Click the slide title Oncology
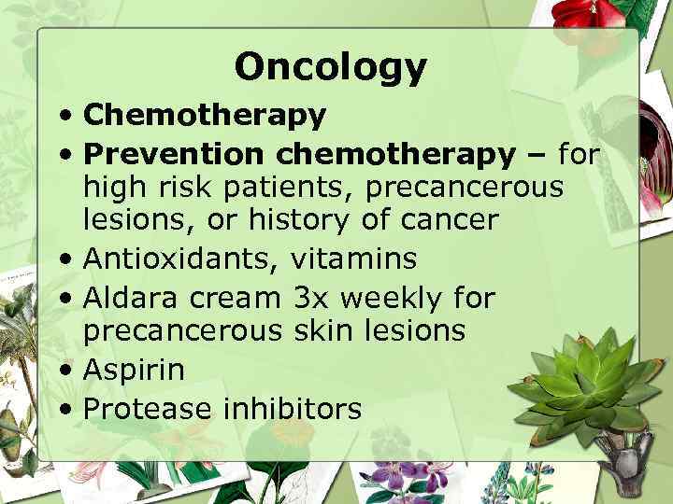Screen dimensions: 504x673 [330, 66]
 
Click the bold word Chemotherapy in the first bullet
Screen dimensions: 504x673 [205, 116]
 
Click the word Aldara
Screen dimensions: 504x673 [131, 298]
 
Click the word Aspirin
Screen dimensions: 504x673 [134, 370]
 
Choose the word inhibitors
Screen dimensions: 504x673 [291, 407]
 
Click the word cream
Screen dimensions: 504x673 [235, 298]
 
